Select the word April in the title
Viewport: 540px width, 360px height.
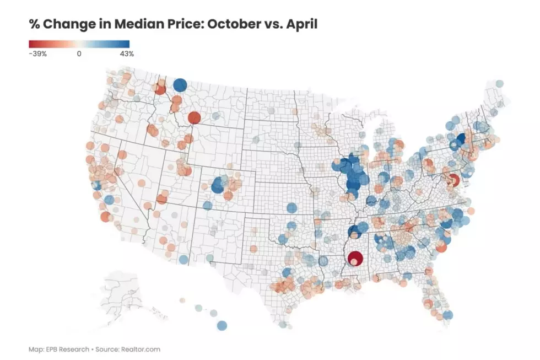click(302, 24)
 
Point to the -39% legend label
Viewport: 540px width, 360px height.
click(37, 53)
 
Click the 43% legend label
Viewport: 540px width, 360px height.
click(127, 53)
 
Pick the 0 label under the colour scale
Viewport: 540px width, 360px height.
click(79, 53)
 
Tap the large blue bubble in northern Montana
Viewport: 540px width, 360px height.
click(180, 85)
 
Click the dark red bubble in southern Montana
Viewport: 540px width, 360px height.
click(194, 118)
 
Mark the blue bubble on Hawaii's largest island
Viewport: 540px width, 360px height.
click(222, 326)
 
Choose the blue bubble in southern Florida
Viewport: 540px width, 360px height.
click(447, 315)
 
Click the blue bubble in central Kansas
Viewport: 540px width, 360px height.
click(291, 208)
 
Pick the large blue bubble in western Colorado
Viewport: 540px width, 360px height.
click(218, 185)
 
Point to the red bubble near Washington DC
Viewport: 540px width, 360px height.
click(453, 180)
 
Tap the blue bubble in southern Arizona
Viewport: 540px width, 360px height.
click(183, 260)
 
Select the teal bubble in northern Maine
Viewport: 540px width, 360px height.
click(499, 83)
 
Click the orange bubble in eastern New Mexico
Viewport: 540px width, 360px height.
click(253, 249)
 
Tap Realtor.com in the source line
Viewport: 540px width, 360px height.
click(141, 350)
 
